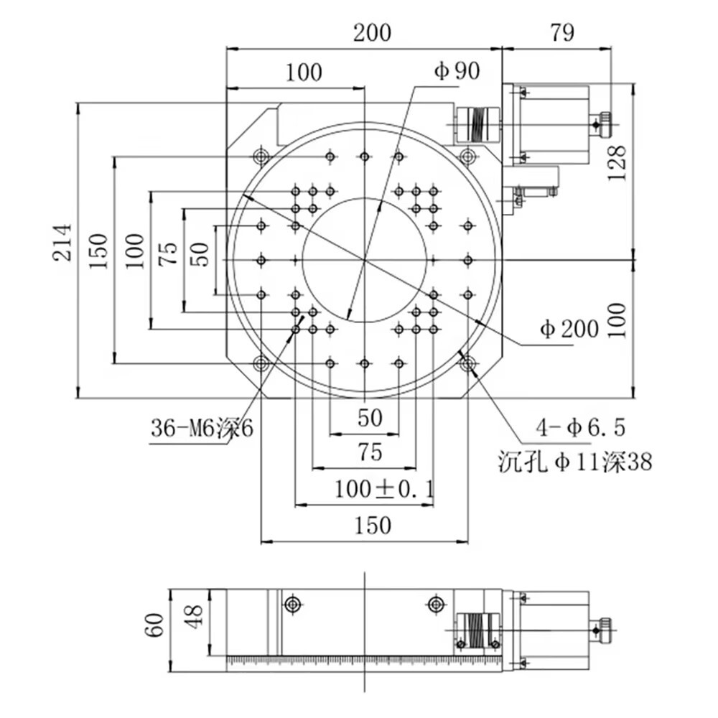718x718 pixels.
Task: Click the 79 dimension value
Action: [x=563, y=33]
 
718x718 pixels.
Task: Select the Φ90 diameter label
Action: [x=457, y=71]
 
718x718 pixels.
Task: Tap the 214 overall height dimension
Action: [x=63, y=243]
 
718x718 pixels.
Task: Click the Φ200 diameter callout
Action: [x=569, y=329]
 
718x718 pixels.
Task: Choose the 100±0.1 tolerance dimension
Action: [x=384, y=490]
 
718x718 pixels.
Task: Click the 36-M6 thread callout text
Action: [x=202, y=429]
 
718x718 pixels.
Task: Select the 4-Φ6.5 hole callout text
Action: [x=580, y=429]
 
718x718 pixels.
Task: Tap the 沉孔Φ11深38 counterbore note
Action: [x=575, y=462]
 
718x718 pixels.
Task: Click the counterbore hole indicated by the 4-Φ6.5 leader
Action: [x=469, y=364]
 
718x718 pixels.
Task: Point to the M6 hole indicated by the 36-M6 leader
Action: [x=296, y=330]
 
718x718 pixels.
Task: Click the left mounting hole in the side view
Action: [x=292, y=605]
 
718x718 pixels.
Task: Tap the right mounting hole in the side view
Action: [x=434, y=605]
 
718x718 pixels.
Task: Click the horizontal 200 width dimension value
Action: [x=372, y=33]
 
